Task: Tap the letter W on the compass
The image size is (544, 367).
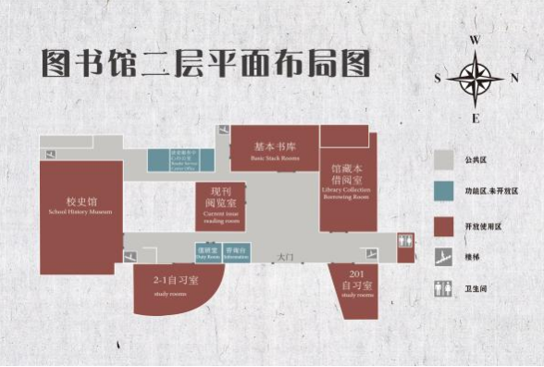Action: (x=475, y=41)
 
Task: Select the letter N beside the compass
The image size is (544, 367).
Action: (x=514, y=79)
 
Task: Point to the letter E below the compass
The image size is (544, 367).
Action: (x=476, y=119)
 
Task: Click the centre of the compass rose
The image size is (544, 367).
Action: (x=476, y=79)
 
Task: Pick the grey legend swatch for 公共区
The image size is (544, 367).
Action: (x=447, y=159)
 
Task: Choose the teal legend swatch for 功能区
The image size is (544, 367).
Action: (x=447, y=192)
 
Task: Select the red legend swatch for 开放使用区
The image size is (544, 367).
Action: (x=447, y=225)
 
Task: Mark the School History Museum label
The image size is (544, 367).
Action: (x=80, y=206)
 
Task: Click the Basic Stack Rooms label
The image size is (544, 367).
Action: (x=275, y=150)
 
